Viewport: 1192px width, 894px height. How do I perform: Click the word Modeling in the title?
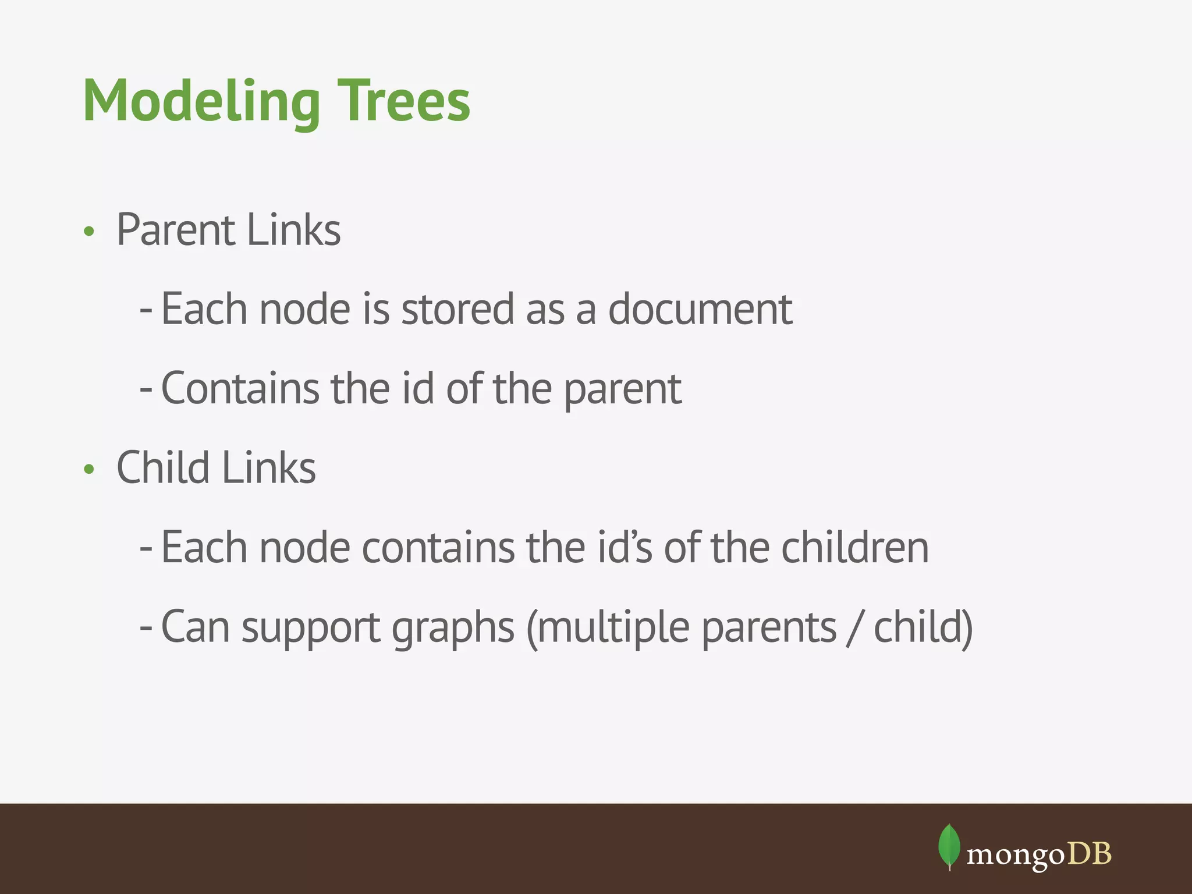201,102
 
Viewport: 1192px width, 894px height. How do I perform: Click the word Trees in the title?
404,102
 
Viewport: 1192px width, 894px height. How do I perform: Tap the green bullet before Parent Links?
88,232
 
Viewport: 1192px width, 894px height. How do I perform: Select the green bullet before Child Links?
88,469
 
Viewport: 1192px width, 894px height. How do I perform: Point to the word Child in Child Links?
162,467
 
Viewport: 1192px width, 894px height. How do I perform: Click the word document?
700,309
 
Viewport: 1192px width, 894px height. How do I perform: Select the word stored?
457,309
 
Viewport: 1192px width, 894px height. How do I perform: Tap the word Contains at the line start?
239,388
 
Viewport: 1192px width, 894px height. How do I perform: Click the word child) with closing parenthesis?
923,627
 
